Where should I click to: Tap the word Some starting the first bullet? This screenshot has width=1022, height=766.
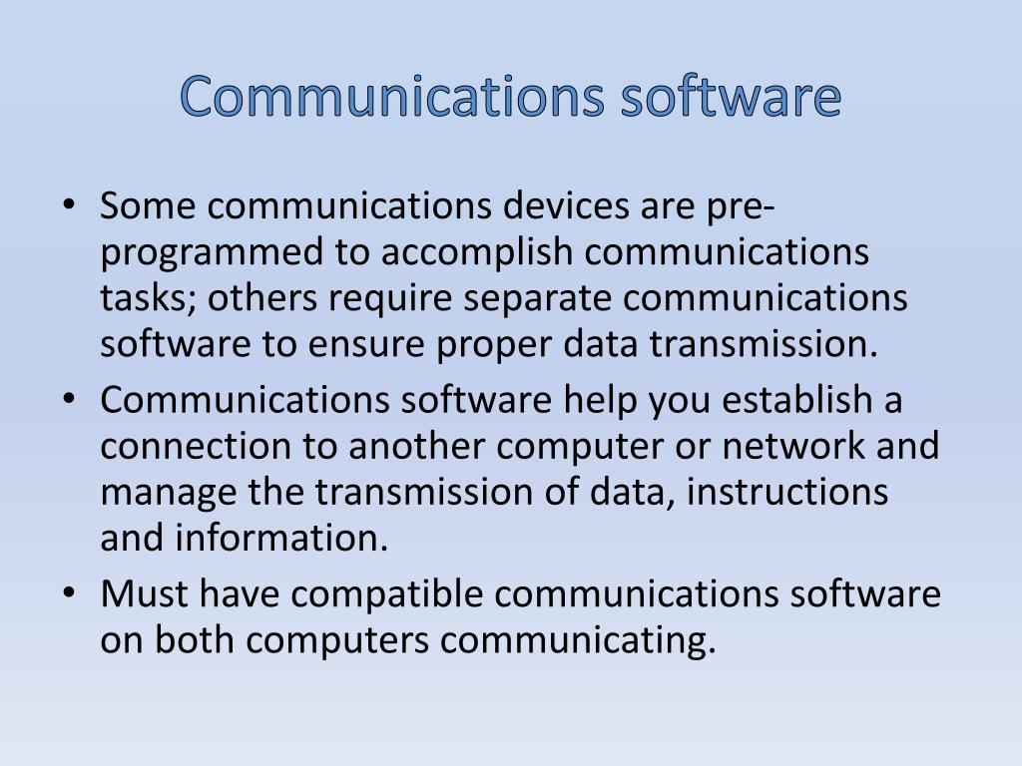(149, 206)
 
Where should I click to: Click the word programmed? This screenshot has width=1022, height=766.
(213, 253)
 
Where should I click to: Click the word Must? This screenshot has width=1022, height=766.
(145, 594)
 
